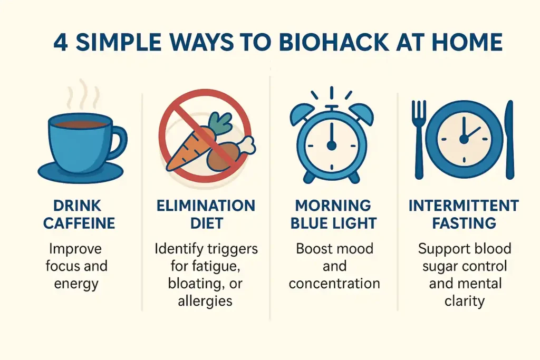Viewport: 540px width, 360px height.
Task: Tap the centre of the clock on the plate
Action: tap(464, 139)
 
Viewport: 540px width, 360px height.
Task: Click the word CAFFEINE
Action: tap(79, 223)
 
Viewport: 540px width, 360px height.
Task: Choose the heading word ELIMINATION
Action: tap(206, 205)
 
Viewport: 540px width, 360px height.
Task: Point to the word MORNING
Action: tap(333, 205)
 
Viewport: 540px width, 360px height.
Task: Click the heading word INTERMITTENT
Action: tap(464, 205)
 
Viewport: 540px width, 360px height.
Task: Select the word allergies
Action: tap(205, 301)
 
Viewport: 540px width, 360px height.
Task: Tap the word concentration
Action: tap(334, 283)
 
